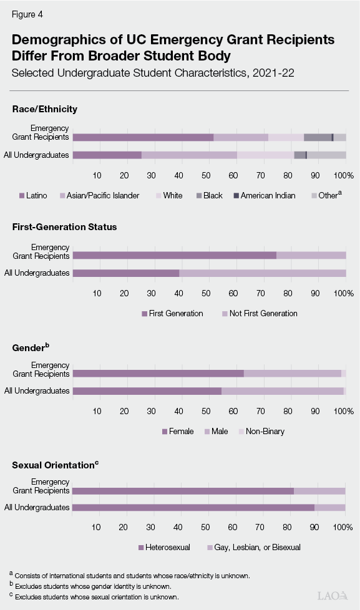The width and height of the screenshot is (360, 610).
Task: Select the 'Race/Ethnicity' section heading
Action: [x=44, y=109]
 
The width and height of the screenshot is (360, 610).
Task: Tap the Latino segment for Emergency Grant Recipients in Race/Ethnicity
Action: [x=143, y=137]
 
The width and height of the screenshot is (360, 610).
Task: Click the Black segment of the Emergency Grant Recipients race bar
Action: [x=318, y=137]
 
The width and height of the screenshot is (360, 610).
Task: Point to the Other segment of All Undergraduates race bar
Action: [x=326, y=155]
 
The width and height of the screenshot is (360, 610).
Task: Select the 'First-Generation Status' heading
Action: [x=64, y=227]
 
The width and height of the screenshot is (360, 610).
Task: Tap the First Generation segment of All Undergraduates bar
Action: [x=126, y=273]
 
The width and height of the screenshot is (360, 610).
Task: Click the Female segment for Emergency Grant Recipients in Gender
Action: [x=158, y=373]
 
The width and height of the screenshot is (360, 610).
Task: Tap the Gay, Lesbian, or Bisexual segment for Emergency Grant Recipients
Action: [x=319, y=491]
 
